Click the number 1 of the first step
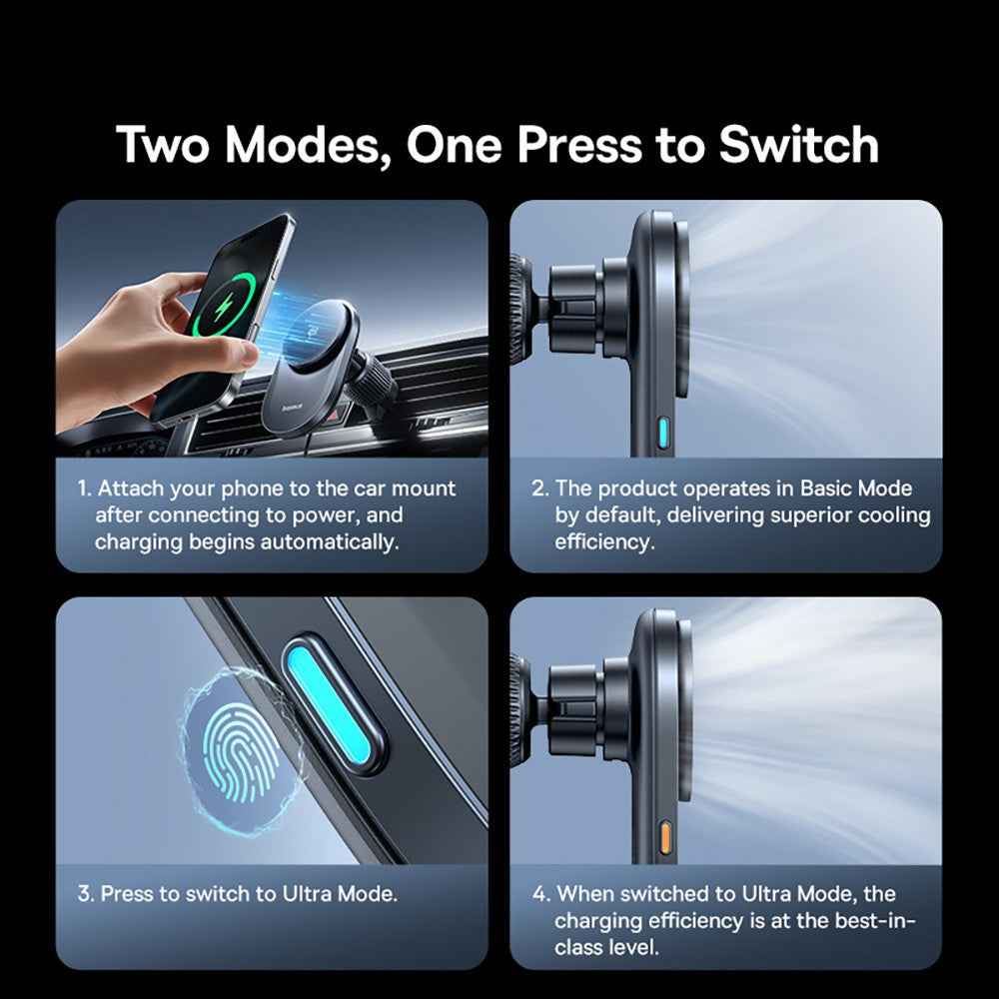tap(83, 490)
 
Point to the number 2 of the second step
tap(539, 490)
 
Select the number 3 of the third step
tap(84, 894)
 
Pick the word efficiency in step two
tap(602, 542)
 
